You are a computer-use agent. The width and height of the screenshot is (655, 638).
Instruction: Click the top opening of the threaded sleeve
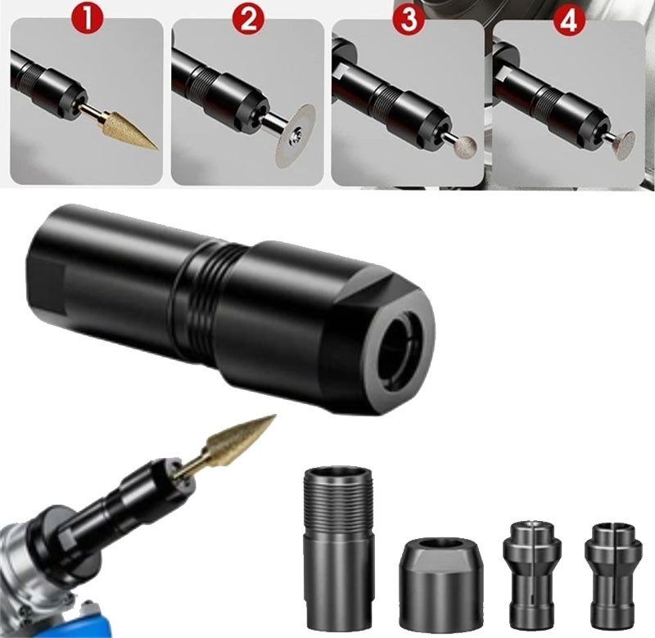[338, 472]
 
